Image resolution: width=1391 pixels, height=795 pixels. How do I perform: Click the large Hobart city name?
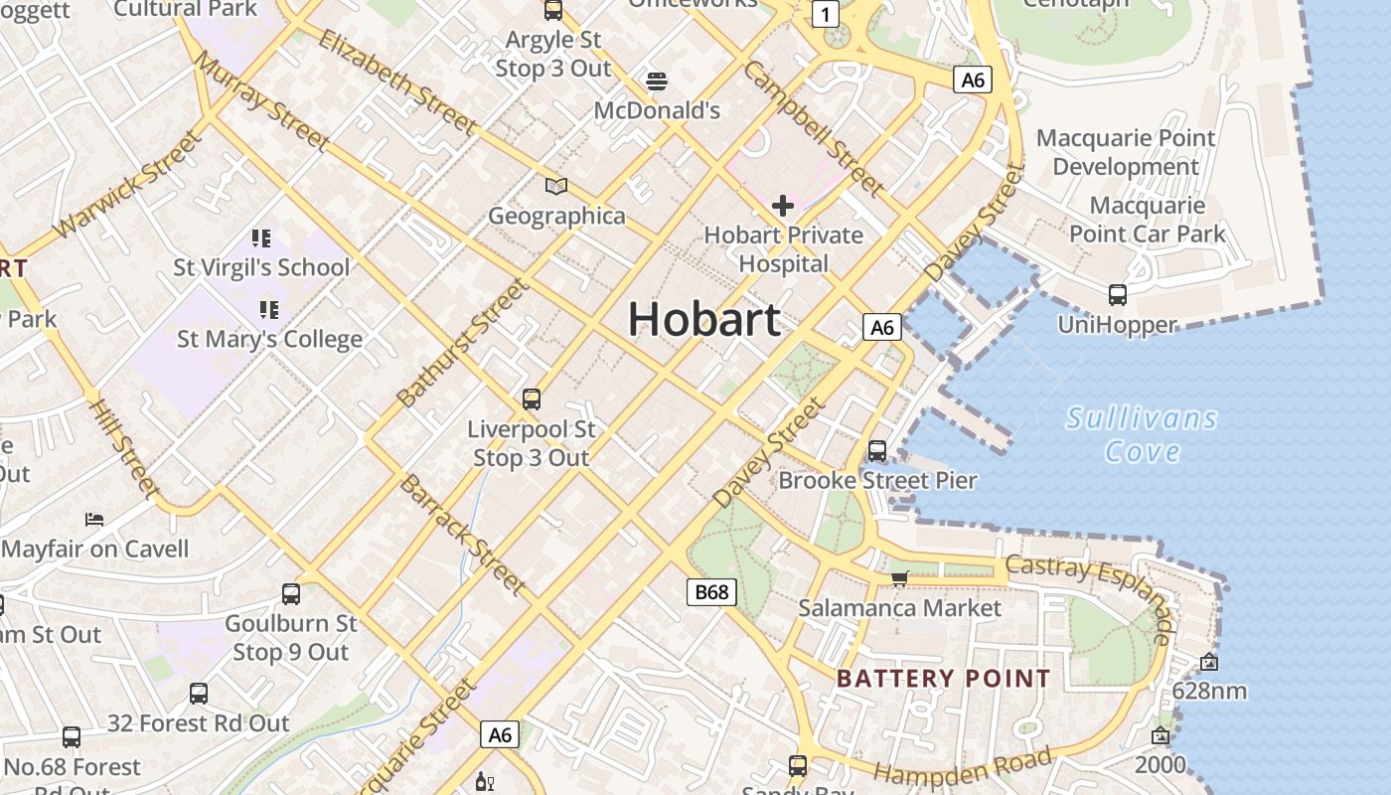tap(703, 320)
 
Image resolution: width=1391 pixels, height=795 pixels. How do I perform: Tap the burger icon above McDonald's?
tap(656, 80)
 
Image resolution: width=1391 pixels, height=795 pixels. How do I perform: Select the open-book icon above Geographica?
tap(556, 186)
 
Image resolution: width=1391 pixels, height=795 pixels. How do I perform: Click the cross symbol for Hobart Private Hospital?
tap(783, 206)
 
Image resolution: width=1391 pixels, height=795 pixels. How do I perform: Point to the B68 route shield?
tap(711, 592)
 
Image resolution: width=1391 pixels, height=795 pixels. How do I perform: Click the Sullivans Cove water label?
tap(1142, 434)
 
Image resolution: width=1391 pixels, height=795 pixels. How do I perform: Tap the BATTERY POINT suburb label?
tap(943, 679)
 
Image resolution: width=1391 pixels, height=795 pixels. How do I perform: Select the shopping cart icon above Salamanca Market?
tap(899, 578)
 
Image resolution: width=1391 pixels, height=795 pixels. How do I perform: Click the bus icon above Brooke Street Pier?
tap(877, 450)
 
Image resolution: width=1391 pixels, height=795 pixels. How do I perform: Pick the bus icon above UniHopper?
tap(1118, 294)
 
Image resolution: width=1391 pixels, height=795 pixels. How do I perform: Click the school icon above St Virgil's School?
tap(261, 238)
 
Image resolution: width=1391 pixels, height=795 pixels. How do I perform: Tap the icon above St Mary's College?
tap(268, 309)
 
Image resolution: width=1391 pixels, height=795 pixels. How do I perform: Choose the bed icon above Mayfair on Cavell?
tap(94, 519)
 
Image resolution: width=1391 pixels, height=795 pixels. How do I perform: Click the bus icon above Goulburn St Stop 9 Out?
tap(290, 594)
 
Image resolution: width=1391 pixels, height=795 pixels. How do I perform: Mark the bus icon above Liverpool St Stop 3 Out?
tap(532, 399)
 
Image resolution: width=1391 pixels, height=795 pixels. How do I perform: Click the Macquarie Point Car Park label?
tap(1148, 220)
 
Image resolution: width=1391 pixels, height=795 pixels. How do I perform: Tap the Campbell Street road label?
tap(812, 128)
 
